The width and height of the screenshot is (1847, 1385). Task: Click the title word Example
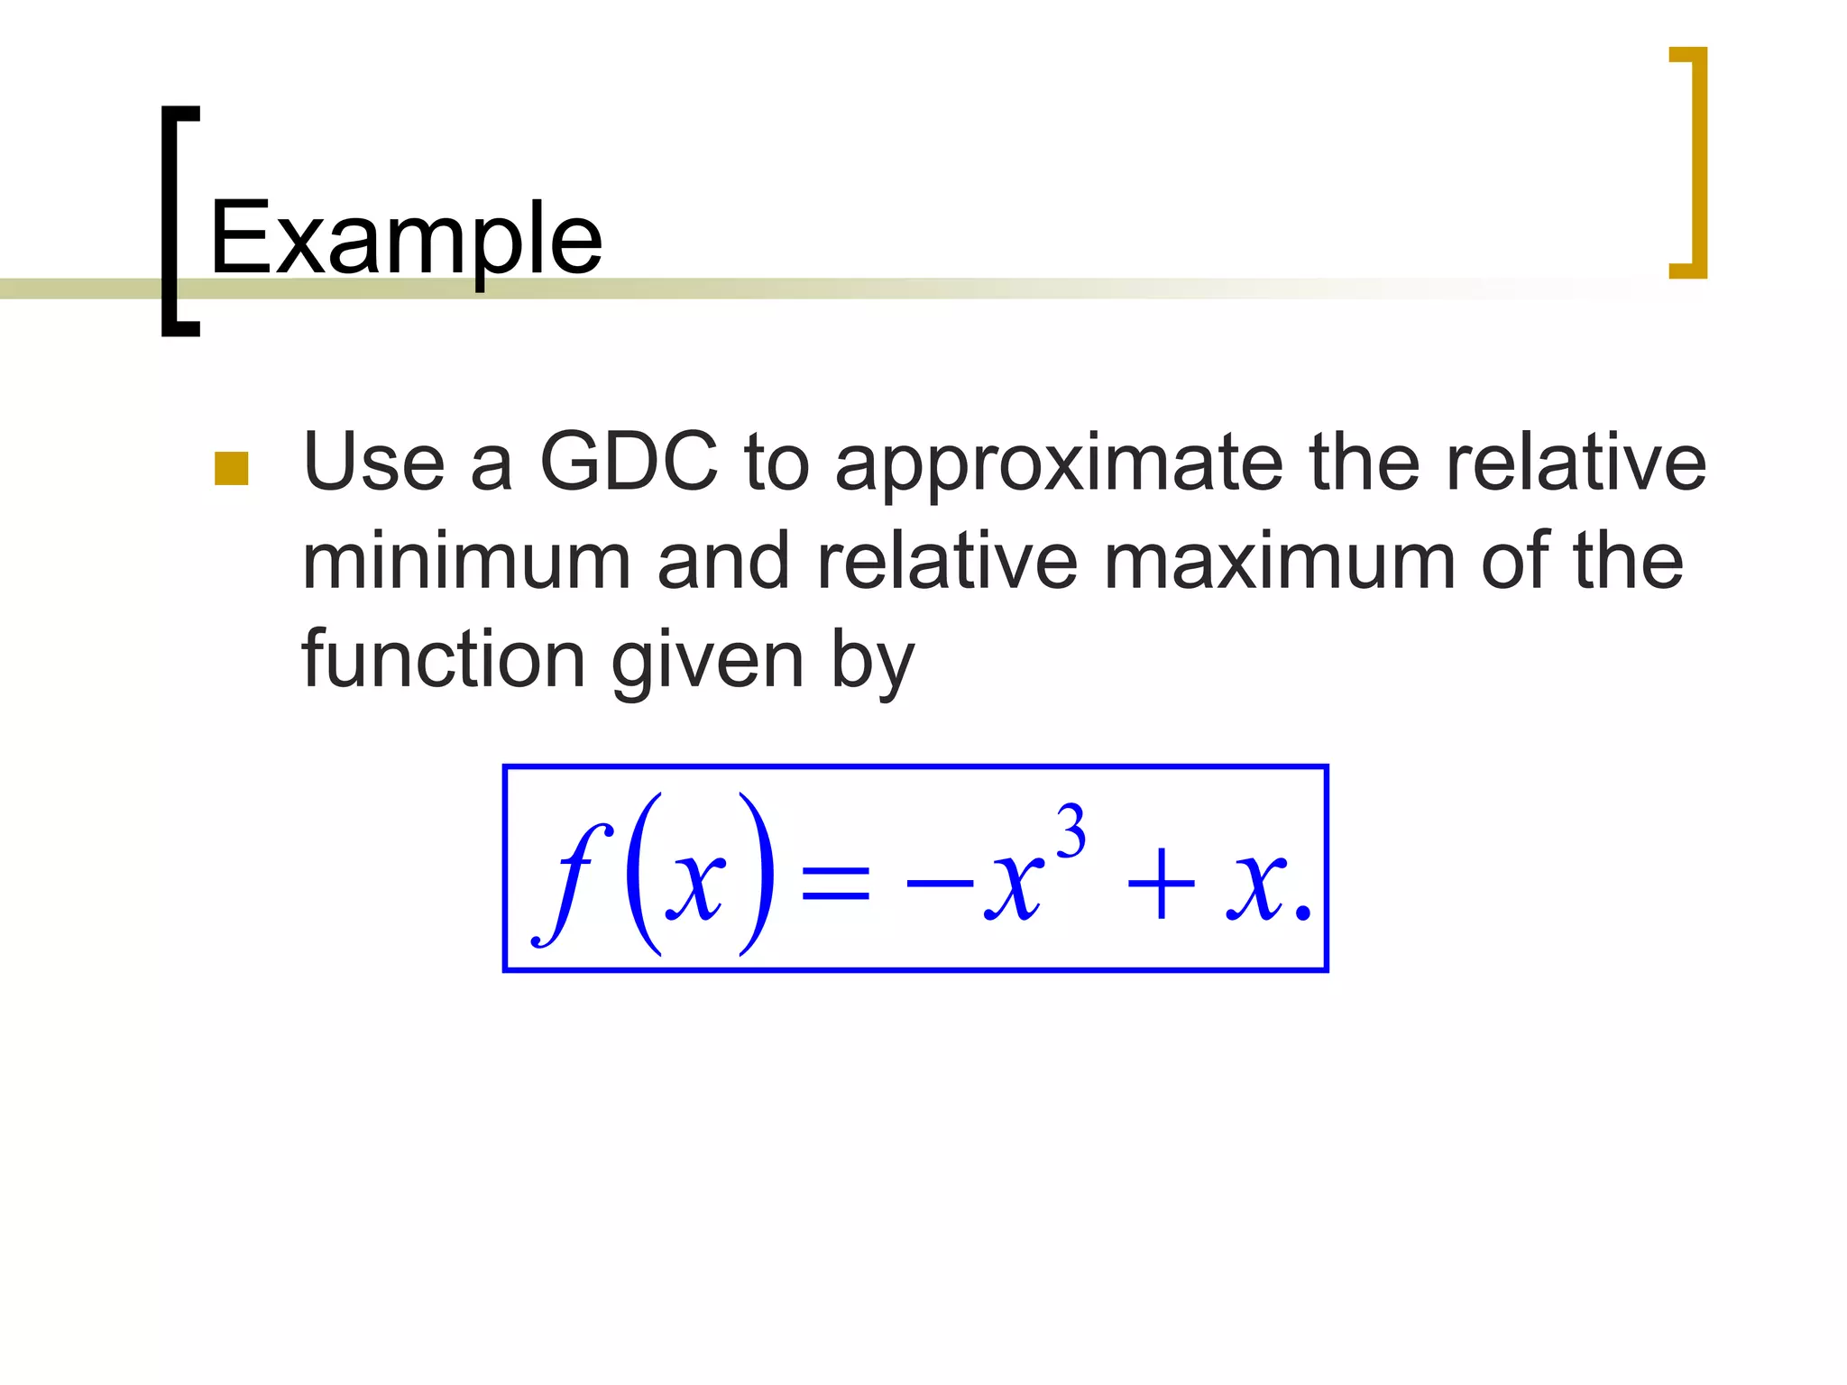pyautogui.click(x=406, y=239)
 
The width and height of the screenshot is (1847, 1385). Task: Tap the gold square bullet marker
pyautogui.click(x=232, y=469)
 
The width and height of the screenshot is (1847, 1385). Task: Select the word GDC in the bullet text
pyautogui.click(x=629, y=462)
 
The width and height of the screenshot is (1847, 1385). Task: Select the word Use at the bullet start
pyautogui.click(x=373, y=462)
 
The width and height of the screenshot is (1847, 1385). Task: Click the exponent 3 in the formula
pyautogui.click(x=1071, y=832)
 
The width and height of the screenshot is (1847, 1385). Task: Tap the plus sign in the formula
pyautogui.click(x=1161, y=885)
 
